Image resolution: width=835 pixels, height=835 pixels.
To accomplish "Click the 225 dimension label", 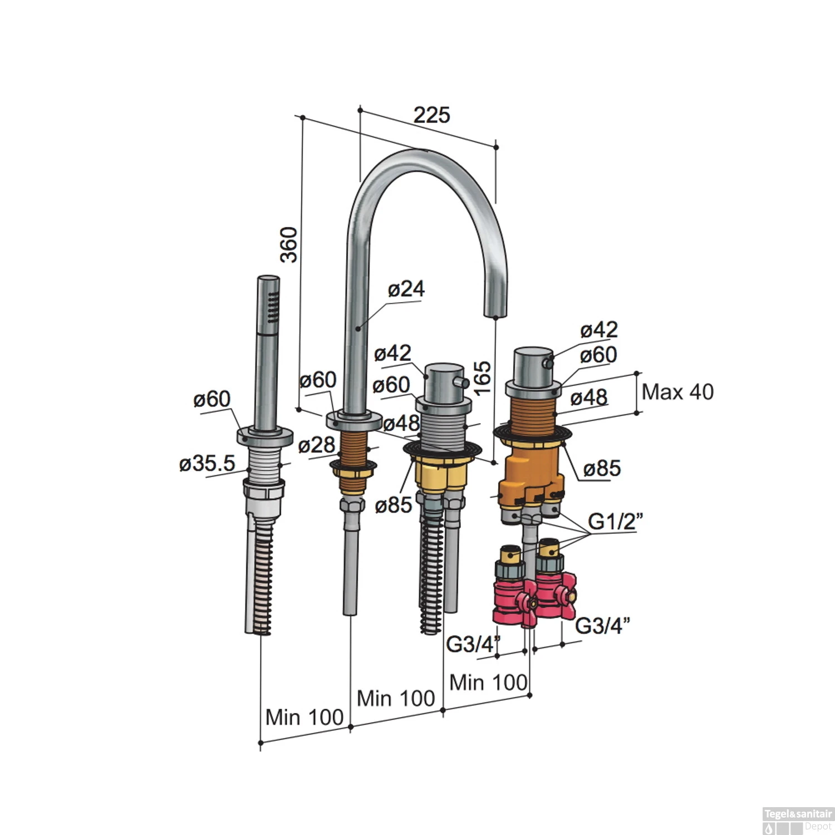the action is (x=431, y=115).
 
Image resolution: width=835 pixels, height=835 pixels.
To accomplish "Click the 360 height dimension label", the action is (x=289, y=244).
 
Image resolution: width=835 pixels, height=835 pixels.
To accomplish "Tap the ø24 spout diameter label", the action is (x=406, y=288).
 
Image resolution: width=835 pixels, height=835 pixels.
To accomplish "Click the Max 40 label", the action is (x=677, y=392).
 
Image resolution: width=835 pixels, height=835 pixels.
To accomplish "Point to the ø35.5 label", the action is (x=207, y=463).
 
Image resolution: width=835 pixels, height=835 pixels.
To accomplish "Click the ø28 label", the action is (x=317, y=445).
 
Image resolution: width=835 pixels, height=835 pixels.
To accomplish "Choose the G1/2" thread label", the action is (x=616, y=522).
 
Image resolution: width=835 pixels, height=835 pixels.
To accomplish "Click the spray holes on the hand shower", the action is (x=272, y=308).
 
